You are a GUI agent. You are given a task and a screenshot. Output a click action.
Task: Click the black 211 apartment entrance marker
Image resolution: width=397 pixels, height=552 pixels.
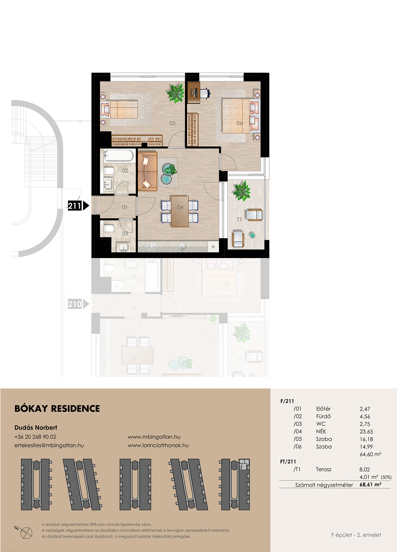(x=78, y=205)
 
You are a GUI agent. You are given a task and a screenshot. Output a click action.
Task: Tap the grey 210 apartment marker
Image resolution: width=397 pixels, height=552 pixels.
(x=78, y=304)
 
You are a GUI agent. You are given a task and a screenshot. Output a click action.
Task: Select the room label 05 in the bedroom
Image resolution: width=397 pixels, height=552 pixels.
(x=172, y=123)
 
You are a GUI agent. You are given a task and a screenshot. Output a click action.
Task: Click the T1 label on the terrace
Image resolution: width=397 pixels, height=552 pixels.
(x=239, y=219)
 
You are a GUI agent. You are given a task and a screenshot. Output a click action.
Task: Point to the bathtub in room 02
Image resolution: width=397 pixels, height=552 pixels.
(x=118, y=156)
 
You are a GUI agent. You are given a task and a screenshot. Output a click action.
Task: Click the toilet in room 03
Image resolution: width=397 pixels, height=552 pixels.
(x=109, y=228)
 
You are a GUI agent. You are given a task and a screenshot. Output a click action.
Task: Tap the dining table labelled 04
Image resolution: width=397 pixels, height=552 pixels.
(x=180, y=212)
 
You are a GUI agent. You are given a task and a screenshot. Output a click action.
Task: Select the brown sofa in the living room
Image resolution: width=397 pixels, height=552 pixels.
(x=147, y=172)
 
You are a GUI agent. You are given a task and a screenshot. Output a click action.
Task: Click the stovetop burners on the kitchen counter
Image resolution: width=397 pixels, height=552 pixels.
(x=151, y=246)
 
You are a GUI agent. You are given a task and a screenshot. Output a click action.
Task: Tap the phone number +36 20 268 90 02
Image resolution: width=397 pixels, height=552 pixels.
(x=35, y=437)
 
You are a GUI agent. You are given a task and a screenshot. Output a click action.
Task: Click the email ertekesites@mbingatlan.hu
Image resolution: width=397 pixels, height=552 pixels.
(x=49, y=445)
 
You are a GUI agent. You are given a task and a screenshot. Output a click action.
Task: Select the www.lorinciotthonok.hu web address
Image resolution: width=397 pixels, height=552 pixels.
(x=158, y=445)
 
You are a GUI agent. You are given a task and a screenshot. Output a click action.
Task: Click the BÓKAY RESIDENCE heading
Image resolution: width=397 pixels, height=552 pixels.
(x=57, y=409)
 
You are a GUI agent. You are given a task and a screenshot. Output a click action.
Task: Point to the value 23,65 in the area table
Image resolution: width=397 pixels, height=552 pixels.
(x=366, y=432)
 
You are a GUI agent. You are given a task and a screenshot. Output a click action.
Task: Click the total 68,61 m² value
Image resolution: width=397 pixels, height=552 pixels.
(x=370, y=484)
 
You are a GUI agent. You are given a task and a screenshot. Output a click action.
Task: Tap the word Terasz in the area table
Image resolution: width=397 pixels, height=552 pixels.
(x=324, y=469)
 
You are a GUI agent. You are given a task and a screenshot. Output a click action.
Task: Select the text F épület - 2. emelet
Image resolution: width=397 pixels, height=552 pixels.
(x=356, y=535)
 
